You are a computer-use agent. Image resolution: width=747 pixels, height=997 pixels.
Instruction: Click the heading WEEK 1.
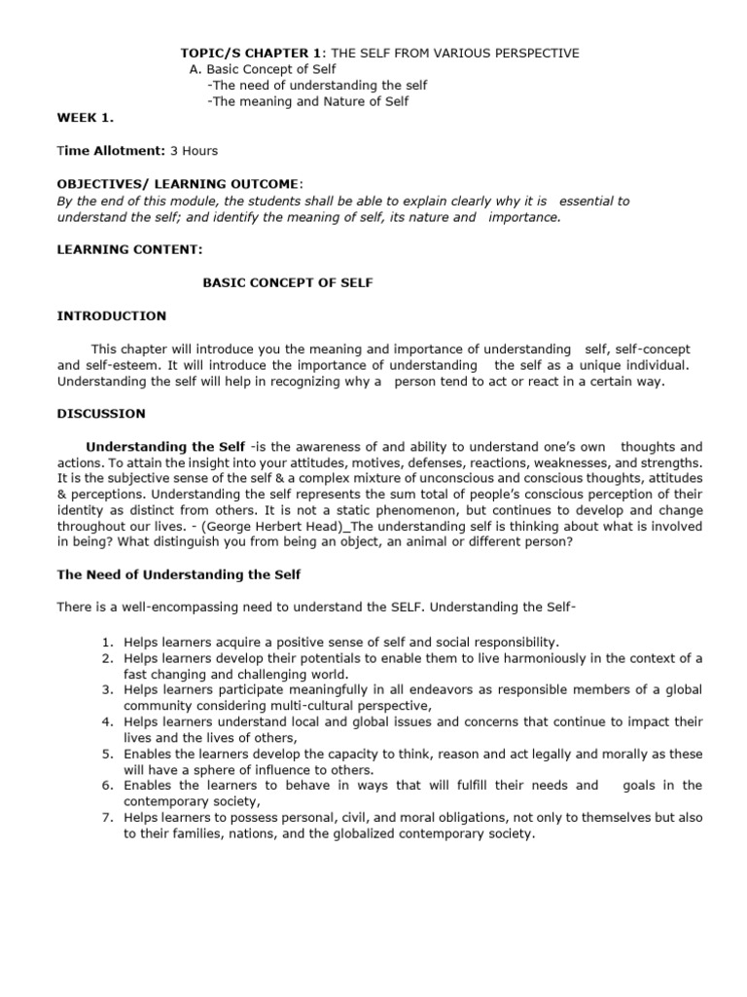pos(85,118)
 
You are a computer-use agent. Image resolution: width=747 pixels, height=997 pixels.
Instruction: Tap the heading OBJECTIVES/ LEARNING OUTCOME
pos(179,184)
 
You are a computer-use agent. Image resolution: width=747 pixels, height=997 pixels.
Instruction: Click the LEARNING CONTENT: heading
pos(129,250)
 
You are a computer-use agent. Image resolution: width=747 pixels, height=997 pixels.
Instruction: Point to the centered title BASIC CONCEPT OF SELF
pos(287,282)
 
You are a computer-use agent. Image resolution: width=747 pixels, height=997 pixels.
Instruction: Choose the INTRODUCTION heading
pos(111,315)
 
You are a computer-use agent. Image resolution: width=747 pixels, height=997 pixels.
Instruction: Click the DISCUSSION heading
pos(101,413)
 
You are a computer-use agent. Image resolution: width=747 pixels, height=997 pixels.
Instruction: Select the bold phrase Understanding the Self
pos(166,446)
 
